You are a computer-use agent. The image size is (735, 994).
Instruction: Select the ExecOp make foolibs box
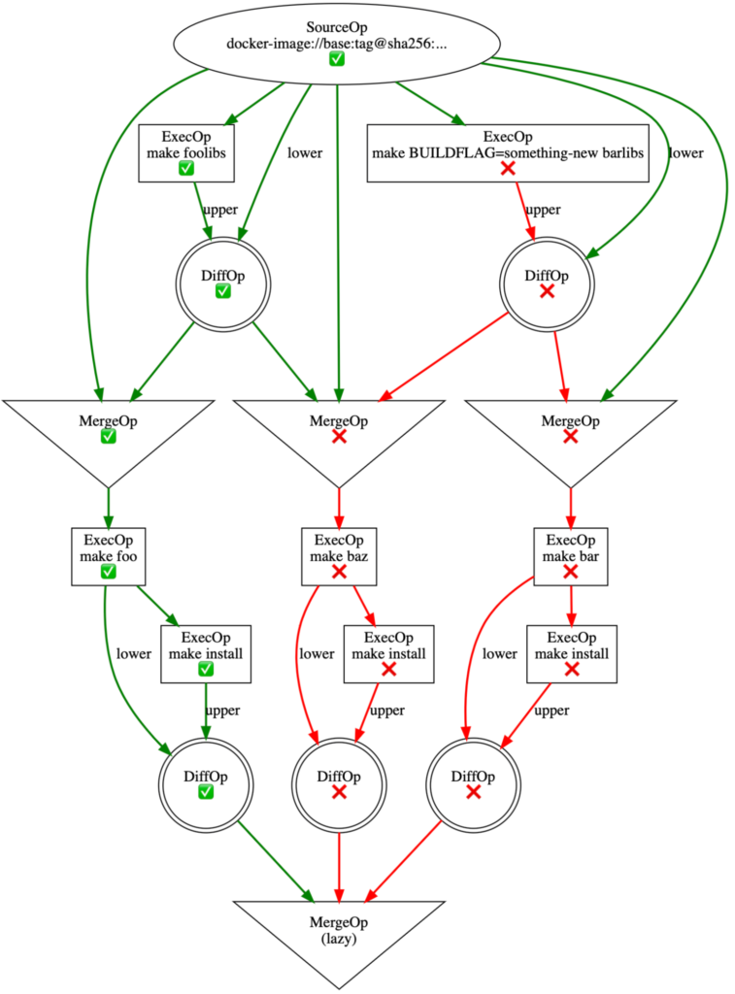[x=185, y=152]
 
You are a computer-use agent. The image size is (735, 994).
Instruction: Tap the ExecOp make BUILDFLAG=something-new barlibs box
[x=507, y=152]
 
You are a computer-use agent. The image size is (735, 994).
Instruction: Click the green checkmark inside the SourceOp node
[x=337, y=60]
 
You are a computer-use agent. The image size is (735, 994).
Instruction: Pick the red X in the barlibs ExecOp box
[x=507, y=169]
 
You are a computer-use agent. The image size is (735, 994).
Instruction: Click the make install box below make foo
[x=205, y=652]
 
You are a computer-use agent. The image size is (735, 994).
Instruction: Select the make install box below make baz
[x=388, y=652]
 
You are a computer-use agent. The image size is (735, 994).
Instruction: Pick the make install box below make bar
[x=571, y=652]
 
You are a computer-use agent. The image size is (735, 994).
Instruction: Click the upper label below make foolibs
[x=219, y=209]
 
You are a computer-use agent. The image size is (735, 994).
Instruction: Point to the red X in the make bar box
[x=571, y=573]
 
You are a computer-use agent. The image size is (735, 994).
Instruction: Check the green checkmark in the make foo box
[x=108, y=573]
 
